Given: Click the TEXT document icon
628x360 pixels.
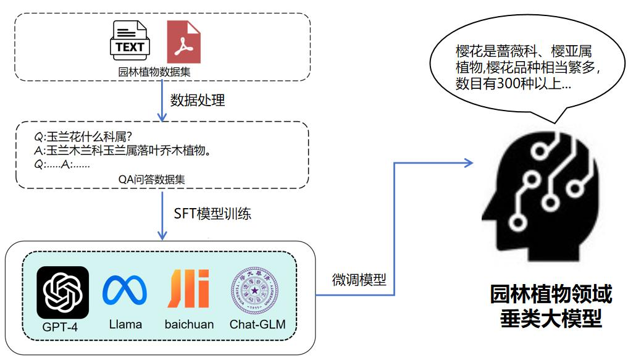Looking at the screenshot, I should (130, 42).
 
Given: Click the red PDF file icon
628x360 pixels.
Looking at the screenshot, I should (184, 42).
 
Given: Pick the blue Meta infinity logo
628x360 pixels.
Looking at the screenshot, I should (125, 290).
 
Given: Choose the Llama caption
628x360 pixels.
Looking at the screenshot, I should (125, 324).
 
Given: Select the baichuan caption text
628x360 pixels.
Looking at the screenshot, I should (189, 324).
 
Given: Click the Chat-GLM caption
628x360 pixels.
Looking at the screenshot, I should (257, 324).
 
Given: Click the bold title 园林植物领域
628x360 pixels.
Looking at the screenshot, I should (551, 295).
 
